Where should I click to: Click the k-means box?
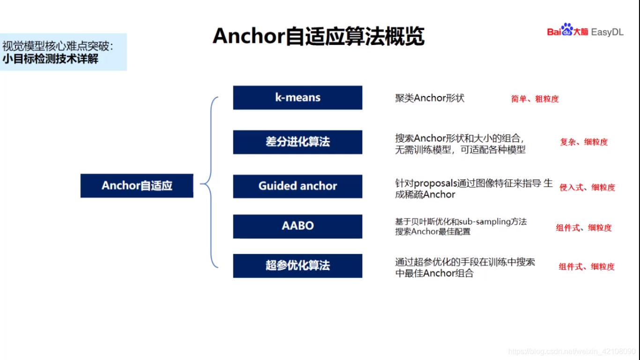tap(298, 97)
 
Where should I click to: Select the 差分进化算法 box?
tap(298, 142)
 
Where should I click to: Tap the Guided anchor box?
tap(298, 186)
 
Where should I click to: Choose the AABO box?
tap(298, 226)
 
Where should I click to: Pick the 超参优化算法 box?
tap(298, 266)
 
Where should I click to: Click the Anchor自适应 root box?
tap(137, 186)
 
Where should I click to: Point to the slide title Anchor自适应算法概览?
tap(319, 36)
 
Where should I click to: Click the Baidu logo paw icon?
tap(567, 29)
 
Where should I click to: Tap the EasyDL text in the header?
tap(607, 32)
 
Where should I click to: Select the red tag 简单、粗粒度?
tap(535, 99)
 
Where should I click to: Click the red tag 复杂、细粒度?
tap(584, 142)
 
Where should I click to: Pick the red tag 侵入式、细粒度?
tap(587, 187)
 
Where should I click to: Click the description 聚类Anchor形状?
tap(430, 98)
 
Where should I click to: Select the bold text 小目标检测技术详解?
tap(51, 59)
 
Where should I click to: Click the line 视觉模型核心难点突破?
tap(57, 46)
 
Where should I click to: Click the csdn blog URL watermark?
tap(572, 351)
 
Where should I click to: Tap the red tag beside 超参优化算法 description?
tap(587, 267)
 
